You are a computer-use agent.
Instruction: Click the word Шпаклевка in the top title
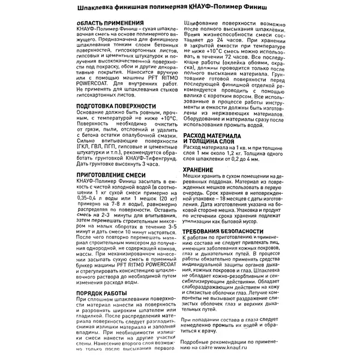(100, 7)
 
